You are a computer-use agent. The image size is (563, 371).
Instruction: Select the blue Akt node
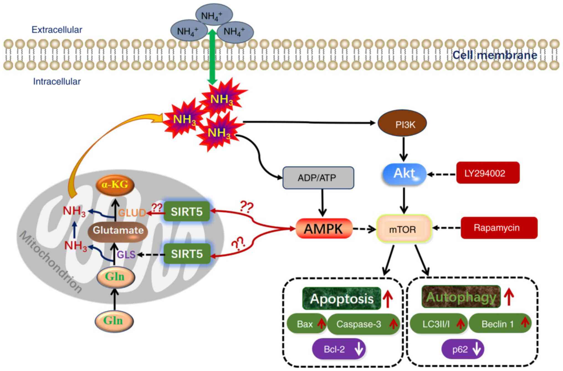click(x=404, y=174)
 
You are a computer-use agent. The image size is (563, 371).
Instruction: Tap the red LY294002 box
click(x=488, y=173)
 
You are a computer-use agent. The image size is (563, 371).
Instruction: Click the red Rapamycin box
click(x=499, y=228)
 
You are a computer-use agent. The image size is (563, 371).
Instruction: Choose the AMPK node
click(x=324, y=229)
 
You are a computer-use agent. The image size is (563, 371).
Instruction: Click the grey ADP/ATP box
click(x=318, y=178)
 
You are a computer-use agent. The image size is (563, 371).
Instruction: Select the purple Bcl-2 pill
click(x=339, y=349)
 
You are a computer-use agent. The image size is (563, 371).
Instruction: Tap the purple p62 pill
click(x=462, y=349)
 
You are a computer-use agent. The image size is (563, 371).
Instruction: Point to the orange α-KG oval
click(x=115, y=185)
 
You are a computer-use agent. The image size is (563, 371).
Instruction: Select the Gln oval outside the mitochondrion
click(x=114, y=321)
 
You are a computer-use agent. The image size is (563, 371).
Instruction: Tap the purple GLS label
click(x=126, y=254)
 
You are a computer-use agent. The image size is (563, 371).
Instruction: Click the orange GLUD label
click(x=132, y=213)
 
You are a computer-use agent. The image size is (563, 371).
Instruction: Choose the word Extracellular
click(x=57, y=30)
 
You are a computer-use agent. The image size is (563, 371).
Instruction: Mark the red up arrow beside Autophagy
click(x=509, y=297)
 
